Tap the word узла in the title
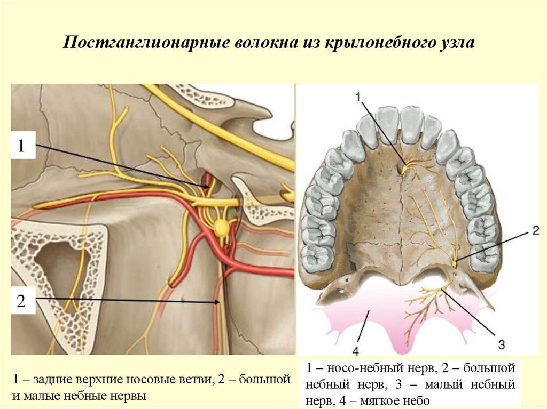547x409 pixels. (456, 43)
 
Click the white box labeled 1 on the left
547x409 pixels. (21, 146)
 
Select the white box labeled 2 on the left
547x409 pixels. (21, 302)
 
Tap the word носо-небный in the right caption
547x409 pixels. (355, 368)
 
